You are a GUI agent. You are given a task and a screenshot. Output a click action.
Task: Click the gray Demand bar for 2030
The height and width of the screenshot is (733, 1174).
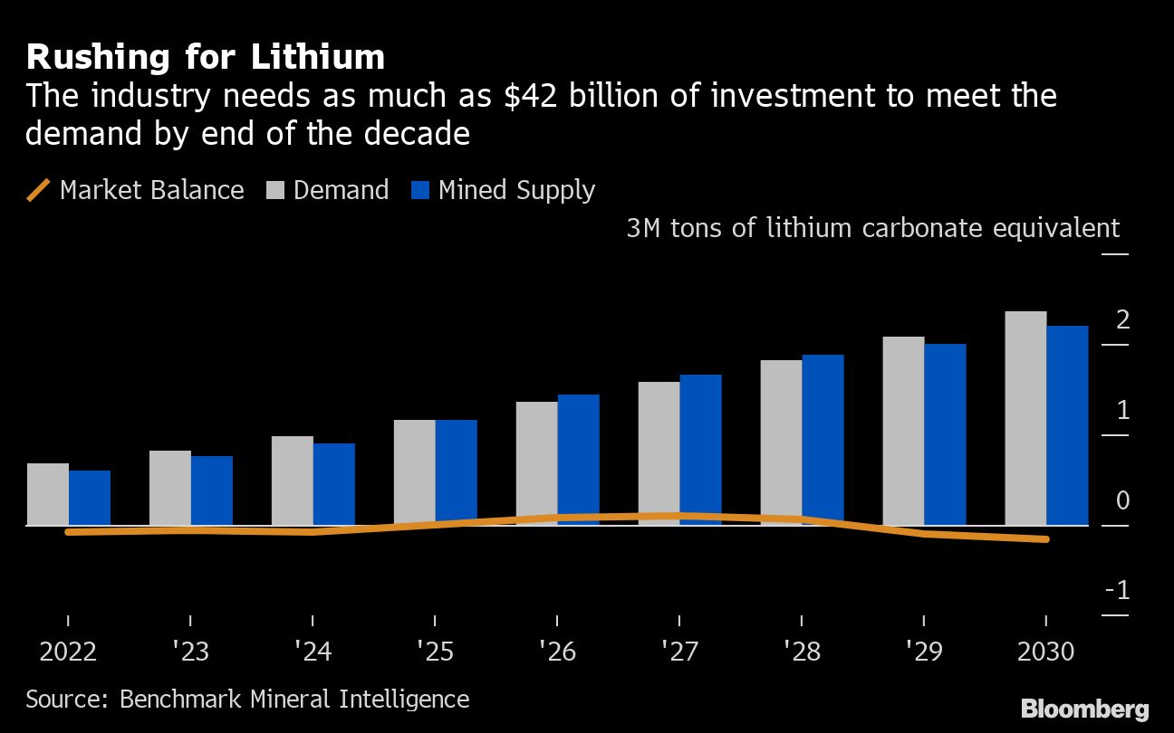[1025, 418]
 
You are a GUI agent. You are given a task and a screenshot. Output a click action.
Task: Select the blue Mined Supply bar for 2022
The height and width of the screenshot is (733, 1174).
[90, 498]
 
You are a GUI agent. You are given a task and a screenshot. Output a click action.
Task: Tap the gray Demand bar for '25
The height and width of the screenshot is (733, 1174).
[414, 472]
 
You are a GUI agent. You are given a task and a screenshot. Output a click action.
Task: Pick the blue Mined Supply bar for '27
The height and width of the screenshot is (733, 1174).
[700, 450]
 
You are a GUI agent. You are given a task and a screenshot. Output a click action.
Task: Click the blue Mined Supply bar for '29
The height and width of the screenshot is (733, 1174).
[945, 434]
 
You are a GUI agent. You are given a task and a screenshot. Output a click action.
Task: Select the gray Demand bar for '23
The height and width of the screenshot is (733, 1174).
[170, 488]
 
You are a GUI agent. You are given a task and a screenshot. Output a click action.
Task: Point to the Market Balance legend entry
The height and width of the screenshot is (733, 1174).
[136, 190]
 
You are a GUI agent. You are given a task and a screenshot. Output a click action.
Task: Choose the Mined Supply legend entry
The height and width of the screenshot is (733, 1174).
[503, 190]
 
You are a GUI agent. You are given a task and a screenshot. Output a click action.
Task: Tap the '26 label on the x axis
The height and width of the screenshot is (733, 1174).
[556, 652]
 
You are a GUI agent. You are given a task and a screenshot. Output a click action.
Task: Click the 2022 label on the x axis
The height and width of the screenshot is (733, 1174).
[68, 652]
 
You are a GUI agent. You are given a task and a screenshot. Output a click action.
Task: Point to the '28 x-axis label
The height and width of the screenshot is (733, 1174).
[801, 652]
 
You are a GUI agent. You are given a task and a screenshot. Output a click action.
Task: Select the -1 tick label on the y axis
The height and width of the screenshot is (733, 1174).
[1117, 591]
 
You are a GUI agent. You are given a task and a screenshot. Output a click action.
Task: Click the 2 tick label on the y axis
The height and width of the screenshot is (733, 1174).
[1122, 319]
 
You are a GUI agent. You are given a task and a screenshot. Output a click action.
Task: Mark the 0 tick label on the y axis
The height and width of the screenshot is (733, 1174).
[1122, 500]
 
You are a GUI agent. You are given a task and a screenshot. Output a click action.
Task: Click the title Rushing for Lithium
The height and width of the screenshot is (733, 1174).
[206, 57]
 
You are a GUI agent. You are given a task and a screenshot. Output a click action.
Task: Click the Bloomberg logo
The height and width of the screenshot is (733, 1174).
[1084, 709]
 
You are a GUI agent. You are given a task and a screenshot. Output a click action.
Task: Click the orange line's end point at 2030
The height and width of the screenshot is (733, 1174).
[1046, 539]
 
